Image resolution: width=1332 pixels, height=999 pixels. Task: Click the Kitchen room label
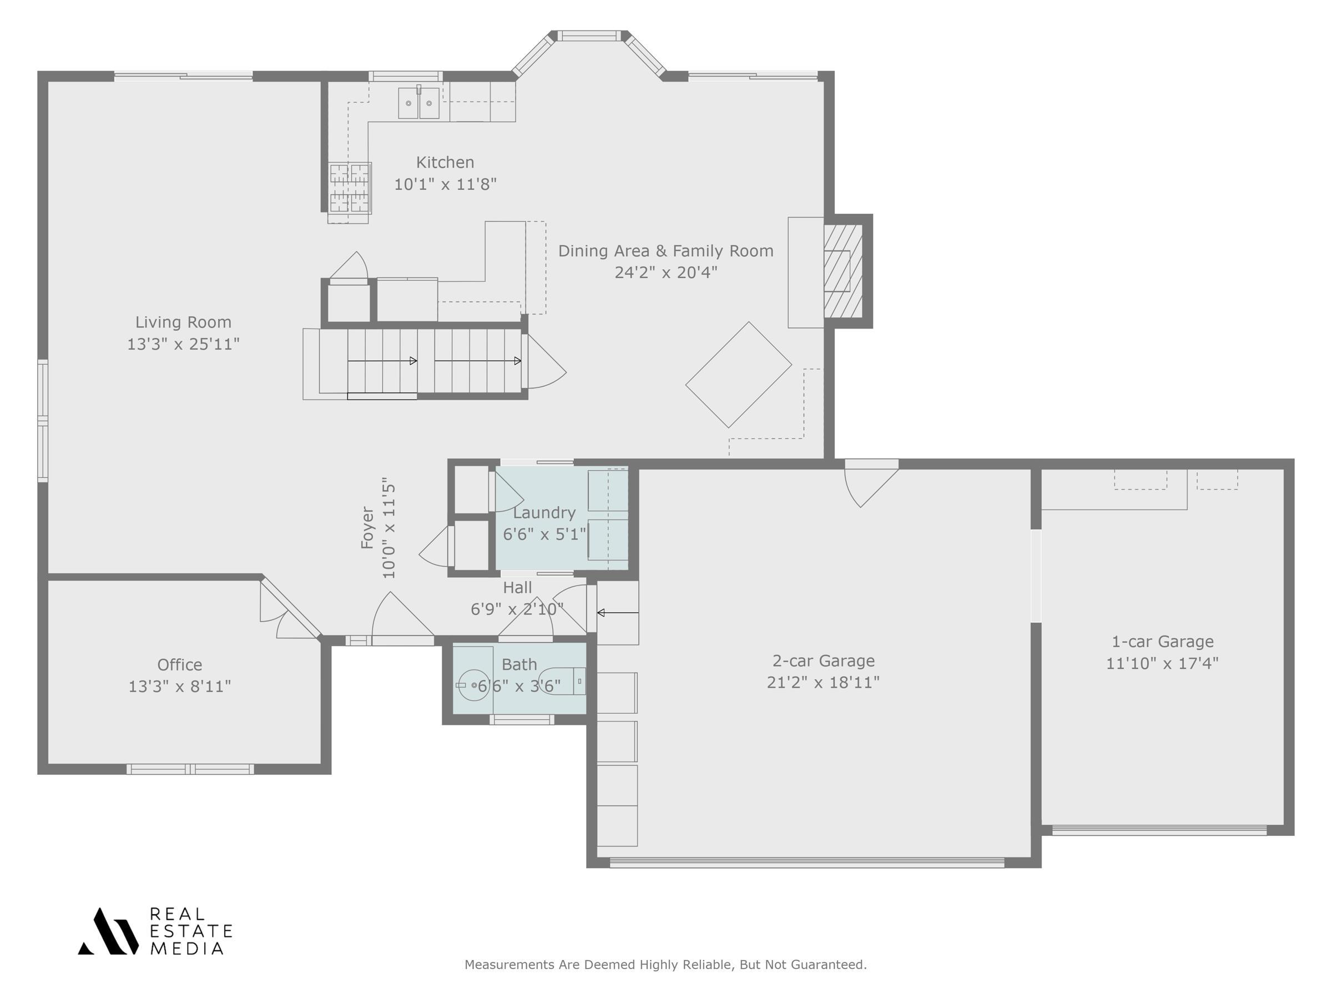[445, 163]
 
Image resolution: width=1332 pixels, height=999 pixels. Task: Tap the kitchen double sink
[418, 103]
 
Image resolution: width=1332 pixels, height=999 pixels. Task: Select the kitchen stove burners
[349, 188]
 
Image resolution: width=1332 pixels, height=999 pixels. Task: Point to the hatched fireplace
[842, 271]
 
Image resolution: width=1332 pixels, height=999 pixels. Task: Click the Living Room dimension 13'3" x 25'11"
[183, 344]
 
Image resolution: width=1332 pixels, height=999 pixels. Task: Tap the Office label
[179, 665]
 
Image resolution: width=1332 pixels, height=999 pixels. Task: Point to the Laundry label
[544, 512]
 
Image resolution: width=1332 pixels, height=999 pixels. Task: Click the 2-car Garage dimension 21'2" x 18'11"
[823, 682]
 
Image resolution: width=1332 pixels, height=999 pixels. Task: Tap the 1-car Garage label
[1162, 642]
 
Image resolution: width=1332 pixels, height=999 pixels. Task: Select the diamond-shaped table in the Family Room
[738, 375]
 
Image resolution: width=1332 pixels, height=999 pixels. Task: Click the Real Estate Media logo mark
[108, 931]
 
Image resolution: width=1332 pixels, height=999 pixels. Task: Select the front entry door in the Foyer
[402, 620]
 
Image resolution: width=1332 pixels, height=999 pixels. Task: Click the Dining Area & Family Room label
[665, 251]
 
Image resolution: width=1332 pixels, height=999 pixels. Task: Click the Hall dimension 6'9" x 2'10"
[517, 609]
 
